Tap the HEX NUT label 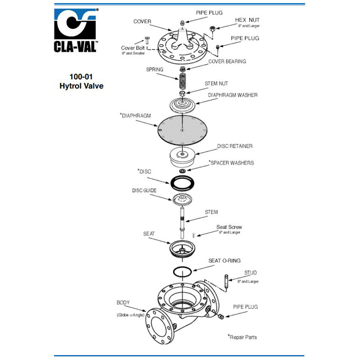(247, 21)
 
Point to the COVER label (142, 21)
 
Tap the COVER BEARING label (227, 61)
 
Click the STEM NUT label (216, 84)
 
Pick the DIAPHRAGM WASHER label (232, 95)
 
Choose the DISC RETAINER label (234, 146)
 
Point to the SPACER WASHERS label (232, 162)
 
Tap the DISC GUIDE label (144, 190)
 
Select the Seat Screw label (229, 227)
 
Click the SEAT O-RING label (224, 261)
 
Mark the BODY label (123, 302)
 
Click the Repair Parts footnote (243, 337)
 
